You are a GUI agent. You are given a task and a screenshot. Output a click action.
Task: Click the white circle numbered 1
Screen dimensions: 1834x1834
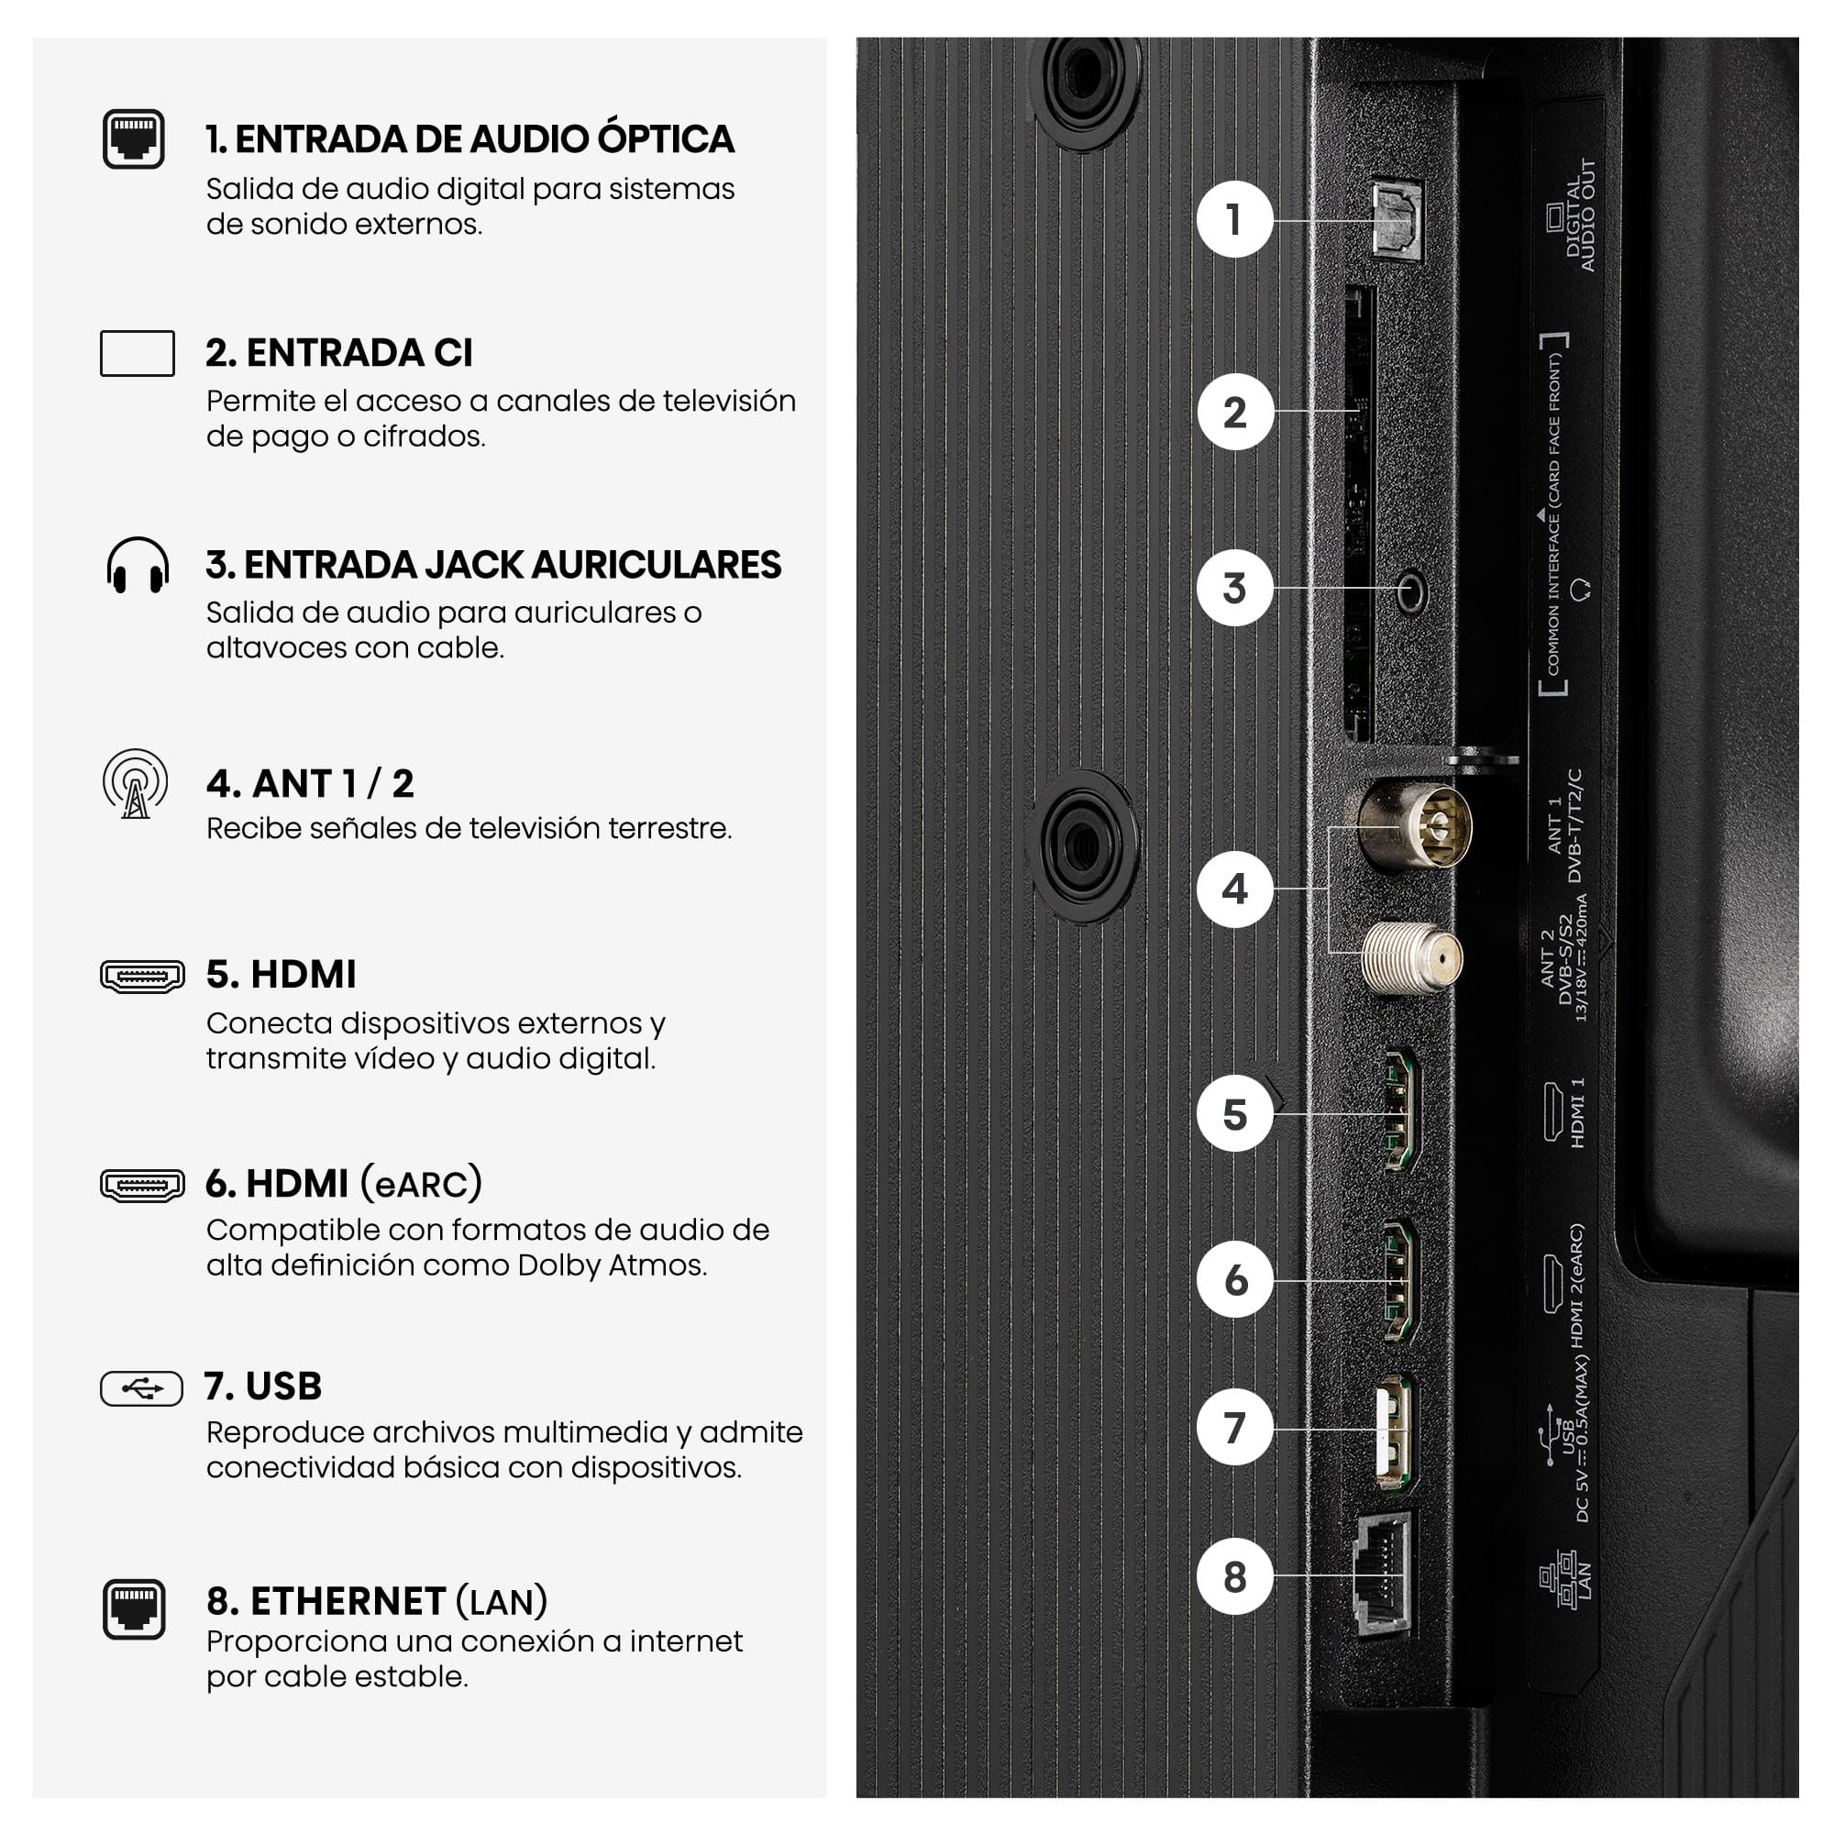(1234, 219)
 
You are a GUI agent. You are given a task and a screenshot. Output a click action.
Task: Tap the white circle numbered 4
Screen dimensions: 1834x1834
(1234, 889)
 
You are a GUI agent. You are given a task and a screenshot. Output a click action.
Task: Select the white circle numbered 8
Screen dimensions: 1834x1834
(1234, 1576)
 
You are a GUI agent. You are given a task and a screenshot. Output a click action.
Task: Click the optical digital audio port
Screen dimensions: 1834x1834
(1397, 220)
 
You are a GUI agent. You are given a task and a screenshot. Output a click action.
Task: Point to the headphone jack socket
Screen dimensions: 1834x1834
(1411, 593)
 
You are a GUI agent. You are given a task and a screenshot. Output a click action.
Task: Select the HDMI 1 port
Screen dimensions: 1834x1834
(1401, 1110)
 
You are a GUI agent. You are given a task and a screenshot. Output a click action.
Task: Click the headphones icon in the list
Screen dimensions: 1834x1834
(138, 566)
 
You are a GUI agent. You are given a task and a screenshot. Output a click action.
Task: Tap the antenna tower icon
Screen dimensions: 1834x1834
(136, 784)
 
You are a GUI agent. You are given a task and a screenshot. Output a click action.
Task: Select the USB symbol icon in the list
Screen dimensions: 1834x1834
(141, 1388)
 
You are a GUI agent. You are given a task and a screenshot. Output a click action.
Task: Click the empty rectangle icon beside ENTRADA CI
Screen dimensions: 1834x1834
(138, 353)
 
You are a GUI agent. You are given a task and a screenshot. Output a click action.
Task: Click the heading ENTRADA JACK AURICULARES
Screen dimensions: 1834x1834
(493, 565)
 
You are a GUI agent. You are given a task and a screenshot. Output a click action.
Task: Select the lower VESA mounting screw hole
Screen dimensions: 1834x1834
(1083, 845)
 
